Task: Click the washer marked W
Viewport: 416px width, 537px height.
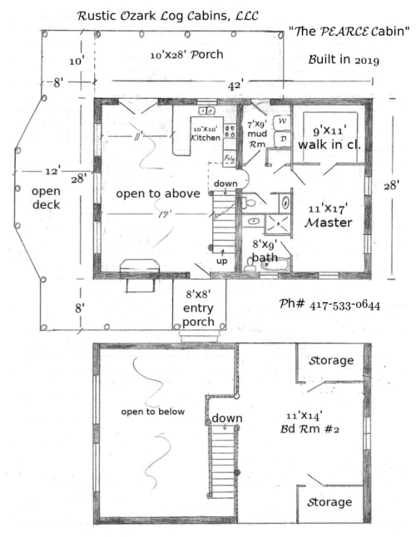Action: tap(282, 122)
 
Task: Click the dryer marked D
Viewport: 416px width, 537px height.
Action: tap(283, 139)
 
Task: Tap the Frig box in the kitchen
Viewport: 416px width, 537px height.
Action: tap(229, 158)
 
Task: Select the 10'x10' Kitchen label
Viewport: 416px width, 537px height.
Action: tap(206, 134)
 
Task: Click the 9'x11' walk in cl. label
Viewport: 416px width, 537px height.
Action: tap(329, 138)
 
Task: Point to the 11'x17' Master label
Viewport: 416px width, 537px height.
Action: tap(328, 216)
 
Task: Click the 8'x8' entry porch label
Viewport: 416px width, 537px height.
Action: tap(198, 308)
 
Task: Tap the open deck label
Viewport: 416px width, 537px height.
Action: tap(46, 198)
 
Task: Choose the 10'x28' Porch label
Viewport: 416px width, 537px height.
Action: tap(186, 55)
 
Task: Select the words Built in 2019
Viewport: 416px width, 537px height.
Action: tap(343, 59)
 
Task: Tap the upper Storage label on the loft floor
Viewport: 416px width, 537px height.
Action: tap(331, 361)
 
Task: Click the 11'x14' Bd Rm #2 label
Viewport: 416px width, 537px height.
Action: tap(310, 422)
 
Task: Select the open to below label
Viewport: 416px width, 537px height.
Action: tap(153, 412)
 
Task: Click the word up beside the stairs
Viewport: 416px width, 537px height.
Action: tap(222, 261)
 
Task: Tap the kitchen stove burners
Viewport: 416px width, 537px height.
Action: tap(230, 131)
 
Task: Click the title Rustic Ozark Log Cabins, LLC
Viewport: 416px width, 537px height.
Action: tap(168, 16)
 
